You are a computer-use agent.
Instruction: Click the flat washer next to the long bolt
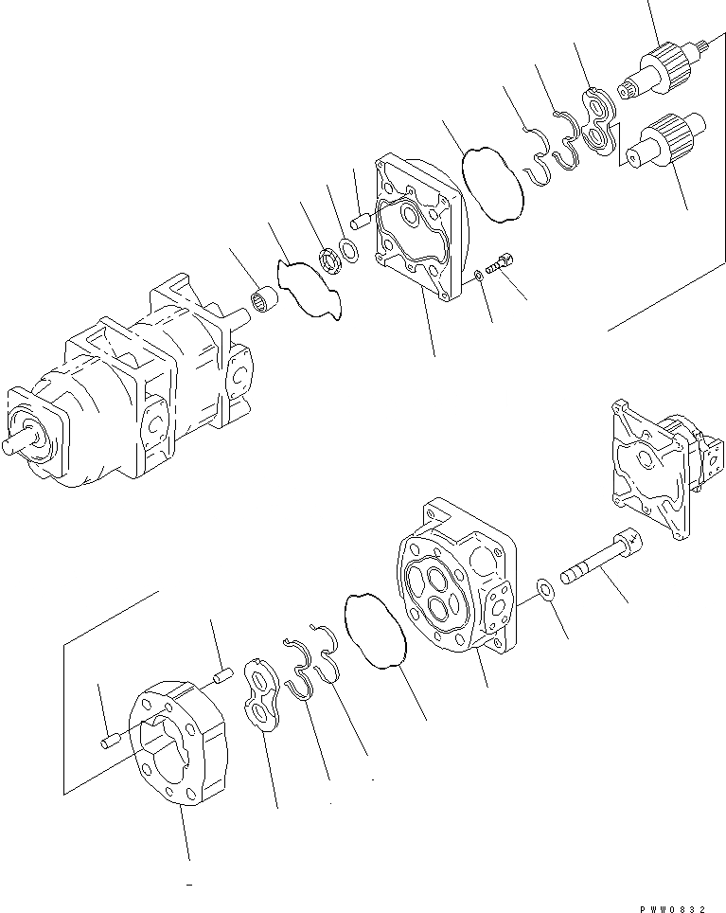click(546, 590)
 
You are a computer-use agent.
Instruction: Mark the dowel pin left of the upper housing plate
click(360, 223)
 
